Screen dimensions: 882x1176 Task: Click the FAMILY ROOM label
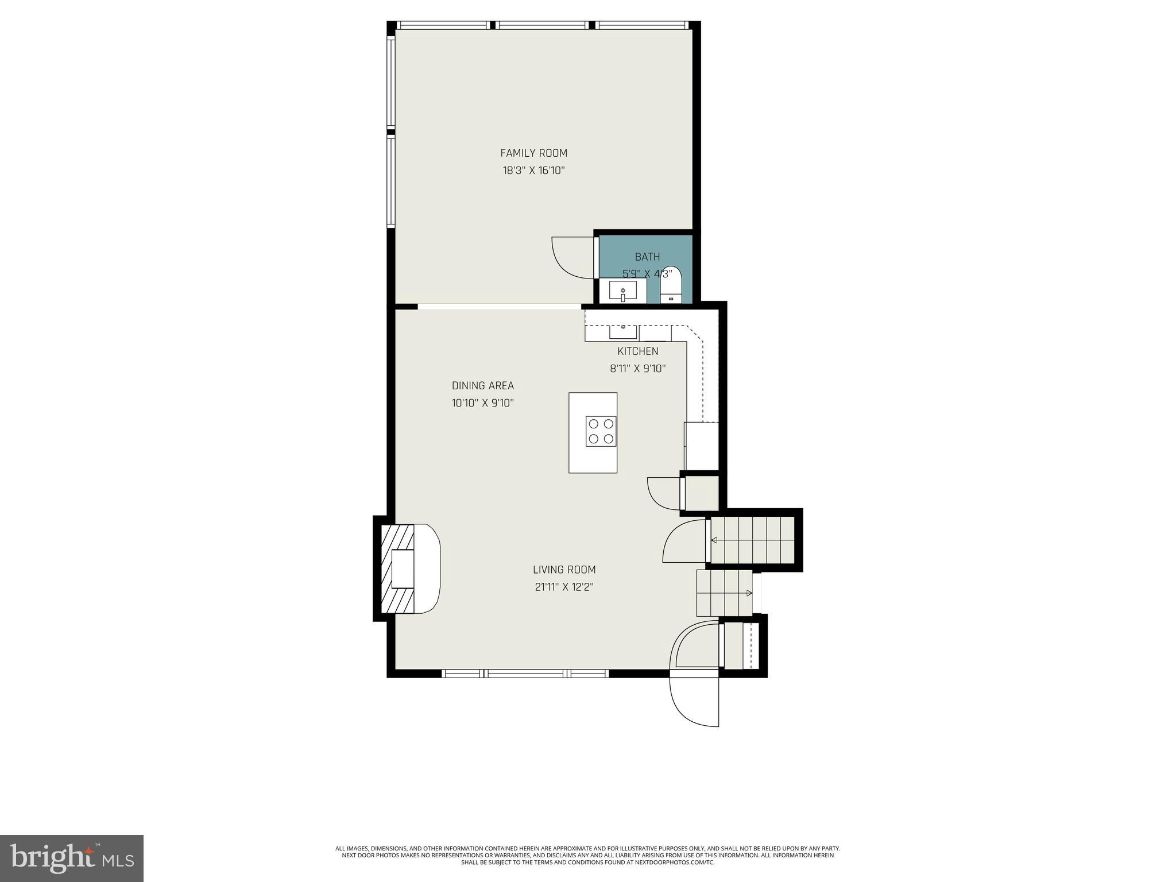pyautogui.click(x=533, y=153)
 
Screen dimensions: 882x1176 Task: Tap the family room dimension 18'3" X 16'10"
pyautogui.click(x=533, y=171)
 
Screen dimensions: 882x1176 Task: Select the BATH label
pyautogui.click(x=647, y=257)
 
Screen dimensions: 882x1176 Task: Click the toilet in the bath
pyautogui.click(x=671, y=284)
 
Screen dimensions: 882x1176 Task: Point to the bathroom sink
pyautogui.click(x=623, y=291)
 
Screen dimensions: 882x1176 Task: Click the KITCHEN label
pyautogui.click(x=637, y=351)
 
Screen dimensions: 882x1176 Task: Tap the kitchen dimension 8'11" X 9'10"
pyautogui.click(x=637, y=369)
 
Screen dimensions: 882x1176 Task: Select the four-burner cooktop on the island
pyautogui.click(x=601, y=431)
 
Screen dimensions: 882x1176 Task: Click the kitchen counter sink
pyautogui.click(x=623, y=332)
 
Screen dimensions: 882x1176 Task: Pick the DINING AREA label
pyautogui.click(x=482, y=386)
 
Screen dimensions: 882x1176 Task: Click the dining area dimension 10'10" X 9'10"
pyautogui.click(x=482, y=403)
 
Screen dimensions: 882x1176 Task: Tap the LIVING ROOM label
pyautogui.click(x=564, y=570)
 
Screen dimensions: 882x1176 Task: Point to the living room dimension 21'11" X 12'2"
pyautogui.click(x=564, y=587)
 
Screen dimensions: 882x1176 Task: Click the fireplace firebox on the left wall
pyautogui.click(x=403, y=568)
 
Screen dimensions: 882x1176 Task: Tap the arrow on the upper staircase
pyautogui.click(x=714, y=540)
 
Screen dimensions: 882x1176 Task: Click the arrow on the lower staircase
pyautogui.click(x=748, y=593)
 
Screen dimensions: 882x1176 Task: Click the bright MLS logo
pyautogui.click(x=72, y=858)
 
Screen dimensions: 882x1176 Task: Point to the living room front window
pyautogui.click(x=525, y=673)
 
